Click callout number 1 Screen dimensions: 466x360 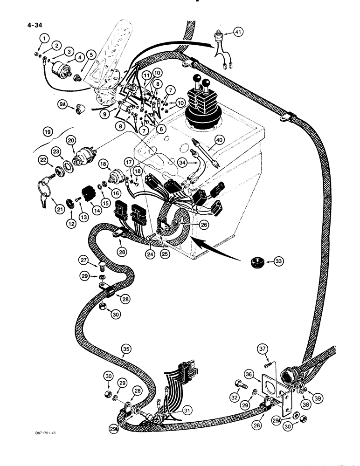pos(43,38)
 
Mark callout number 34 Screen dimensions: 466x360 pos(183,163)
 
